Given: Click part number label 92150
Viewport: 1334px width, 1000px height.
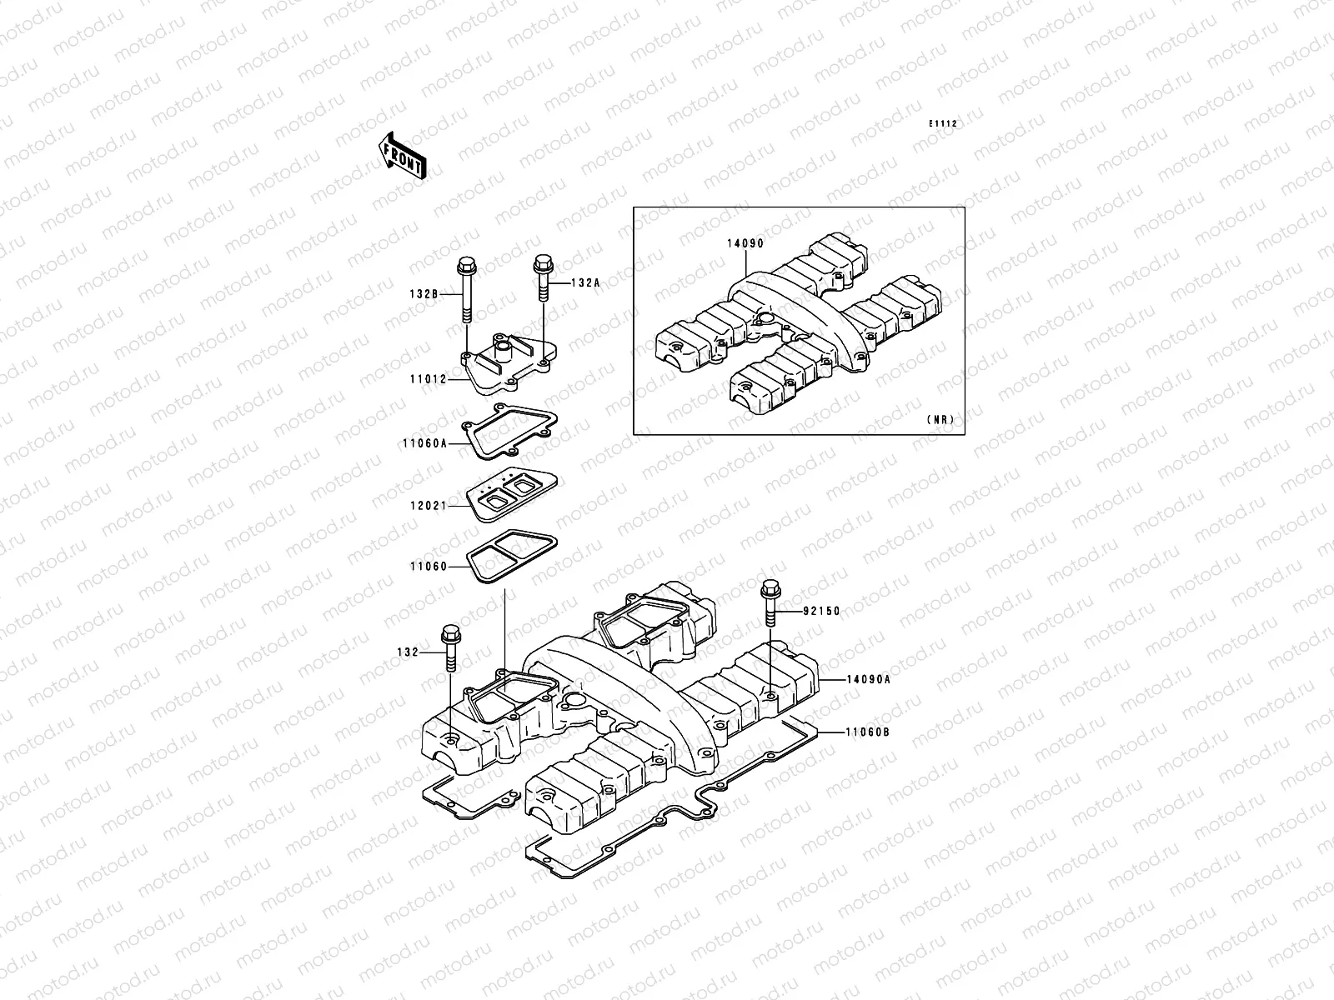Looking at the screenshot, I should (821, 611).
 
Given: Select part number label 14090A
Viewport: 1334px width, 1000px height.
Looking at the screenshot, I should (868, 679).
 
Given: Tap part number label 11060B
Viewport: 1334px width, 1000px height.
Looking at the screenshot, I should (868, 732).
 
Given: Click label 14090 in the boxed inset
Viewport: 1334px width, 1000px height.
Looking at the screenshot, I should (745, 243).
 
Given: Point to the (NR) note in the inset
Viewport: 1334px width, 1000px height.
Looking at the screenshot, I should (939, 420).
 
